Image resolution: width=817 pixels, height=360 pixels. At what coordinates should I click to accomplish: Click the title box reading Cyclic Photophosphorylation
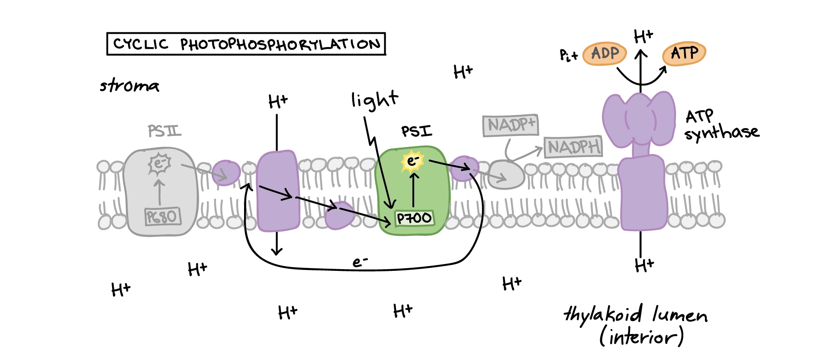pyautogui.click(x=246, y=44)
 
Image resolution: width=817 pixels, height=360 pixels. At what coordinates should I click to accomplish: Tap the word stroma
pyautogui.click(x=129, y=85)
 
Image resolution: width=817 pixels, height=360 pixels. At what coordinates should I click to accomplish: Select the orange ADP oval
pyautogui.click(x=605, y=54)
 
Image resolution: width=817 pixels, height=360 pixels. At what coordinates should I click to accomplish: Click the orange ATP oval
pyautogui.click(x=684, y=54)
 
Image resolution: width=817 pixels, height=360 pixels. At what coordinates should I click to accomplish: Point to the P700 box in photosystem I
pyautogui.click(x=414, y=218)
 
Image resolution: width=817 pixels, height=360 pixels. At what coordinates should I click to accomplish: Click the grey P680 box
pyautogui.click(x=162, y=216)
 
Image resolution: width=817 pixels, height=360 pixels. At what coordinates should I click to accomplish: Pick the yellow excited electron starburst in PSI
pyautogui.click(x=412, y=161)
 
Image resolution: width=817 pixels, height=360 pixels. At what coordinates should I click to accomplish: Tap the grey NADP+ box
pyautogui.click(x=511, y=125)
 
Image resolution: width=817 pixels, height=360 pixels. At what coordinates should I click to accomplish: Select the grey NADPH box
pyautogui.click(x=573, y=147)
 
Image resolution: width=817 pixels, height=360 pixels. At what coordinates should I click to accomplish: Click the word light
pyautogui.click(x=374, y=100)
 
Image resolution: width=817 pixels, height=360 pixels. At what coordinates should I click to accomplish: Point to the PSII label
pyautogui.click(x=164, y=131)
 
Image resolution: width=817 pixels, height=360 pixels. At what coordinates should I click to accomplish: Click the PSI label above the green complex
pyautogui.click(x=416, y=131)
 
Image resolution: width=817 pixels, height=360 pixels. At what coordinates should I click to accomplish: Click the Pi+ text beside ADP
pyautogui.click(x=568, y=55)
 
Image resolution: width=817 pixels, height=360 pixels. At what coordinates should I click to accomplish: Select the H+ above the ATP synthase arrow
pyautogui.click(x=643, y=36)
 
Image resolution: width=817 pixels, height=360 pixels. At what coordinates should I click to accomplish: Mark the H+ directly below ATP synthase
pyautogui.click(x=644, y=264)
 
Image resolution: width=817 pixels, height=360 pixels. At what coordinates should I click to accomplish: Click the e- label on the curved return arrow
pyautogui.click(x=360, y=261)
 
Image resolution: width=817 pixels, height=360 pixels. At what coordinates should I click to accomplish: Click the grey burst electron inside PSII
pyautogui.click(x=159, y=164)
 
